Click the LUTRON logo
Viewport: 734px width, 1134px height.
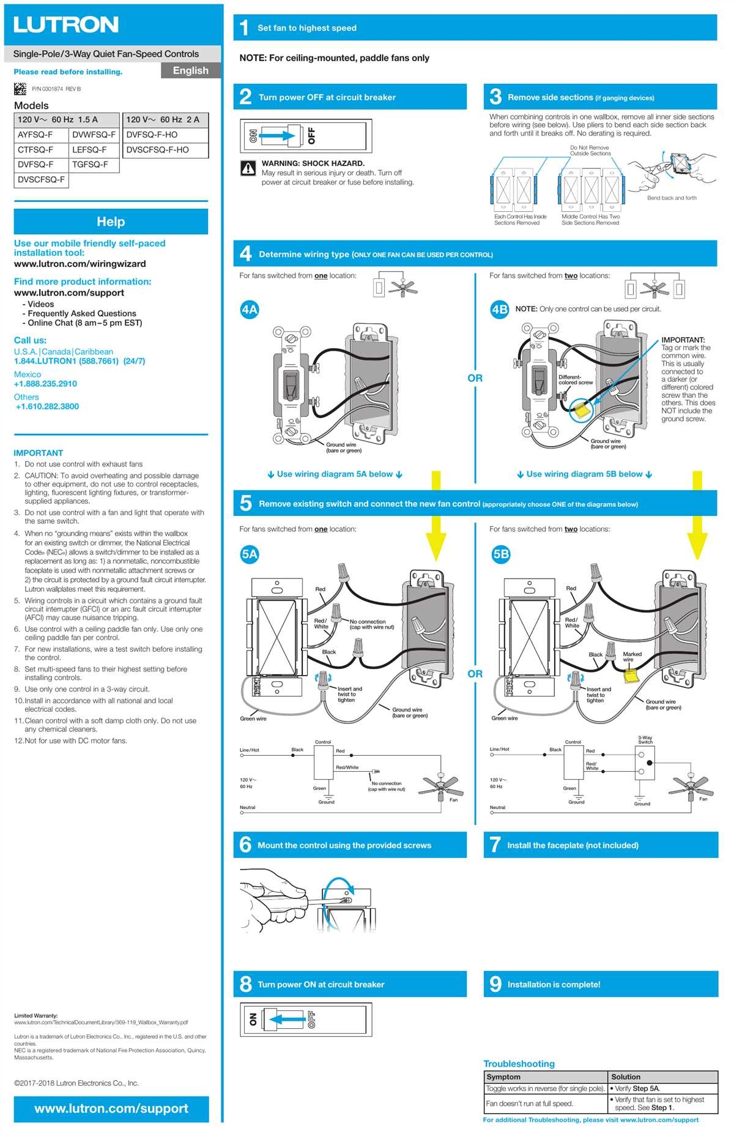tap(66, 25)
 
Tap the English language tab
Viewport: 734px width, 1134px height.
tap(190, 70)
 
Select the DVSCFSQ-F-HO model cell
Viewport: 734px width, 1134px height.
tap(157, 150)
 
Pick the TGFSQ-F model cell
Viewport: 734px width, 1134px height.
tap(90, 165)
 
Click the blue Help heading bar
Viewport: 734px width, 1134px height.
tap(111, 222)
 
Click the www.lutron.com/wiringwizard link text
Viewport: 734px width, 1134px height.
tap(80, 264)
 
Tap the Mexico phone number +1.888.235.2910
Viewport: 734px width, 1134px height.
tap(45, 384)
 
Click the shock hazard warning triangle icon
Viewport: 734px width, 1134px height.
tap(248, 168)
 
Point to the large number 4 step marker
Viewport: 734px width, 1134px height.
tap(245, 253)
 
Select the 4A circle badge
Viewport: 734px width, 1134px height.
tap(249, 310)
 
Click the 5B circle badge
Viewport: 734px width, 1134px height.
tap(500, 554)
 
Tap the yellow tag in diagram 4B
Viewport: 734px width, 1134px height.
tap(580, 409)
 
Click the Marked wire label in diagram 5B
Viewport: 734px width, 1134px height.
tap(632, 657)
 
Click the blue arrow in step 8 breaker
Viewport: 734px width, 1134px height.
tap(287, 1019)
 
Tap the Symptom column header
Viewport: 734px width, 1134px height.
tap(503, 1076)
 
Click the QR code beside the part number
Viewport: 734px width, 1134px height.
tap(20, 89)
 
